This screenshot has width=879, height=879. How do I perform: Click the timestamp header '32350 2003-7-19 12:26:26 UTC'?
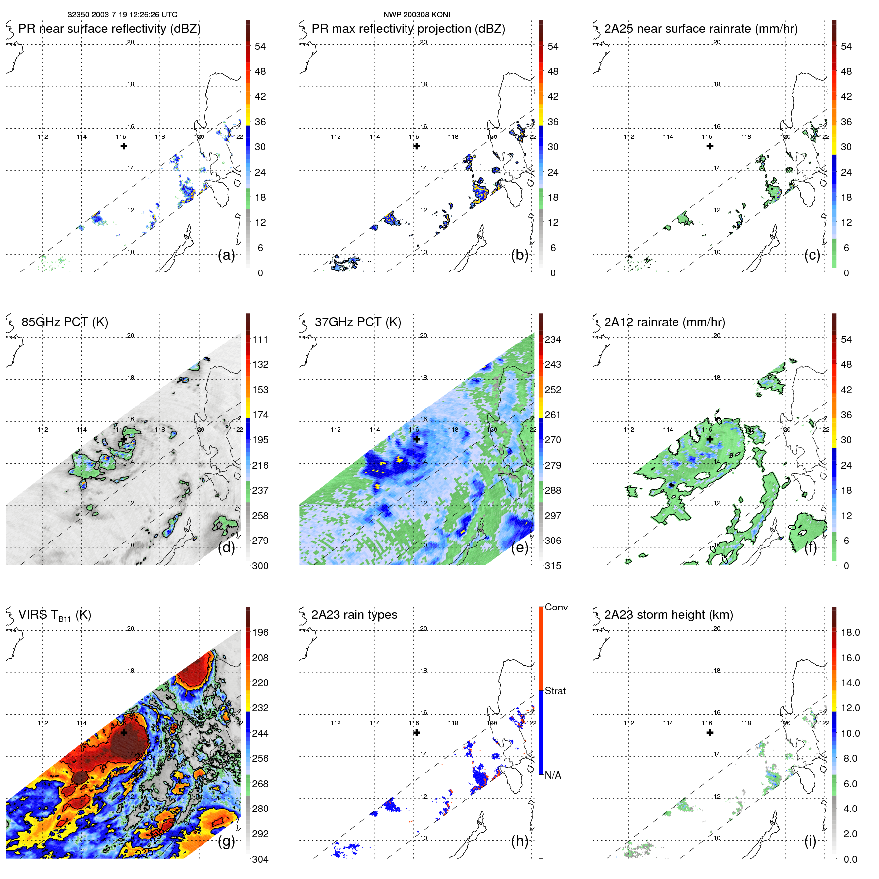click(x=122, y=15)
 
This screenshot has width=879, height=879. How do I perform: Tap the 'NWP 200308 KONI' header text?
click(x=416, y=15)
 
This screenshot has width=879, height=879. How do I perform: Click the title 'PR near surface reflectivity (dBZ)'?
click(x=109, y=29)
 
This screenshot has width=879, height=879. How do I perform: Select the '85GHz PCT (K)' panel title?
click(x=65, y=322)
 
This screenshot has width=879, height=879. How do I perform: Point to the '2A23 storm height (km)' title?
click(x=668, y=615)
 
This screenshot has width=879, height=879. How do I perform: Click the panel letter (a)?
click(x=226, y=255)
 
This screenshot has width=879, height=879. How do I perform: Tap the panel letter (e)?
click(x=520, y=548)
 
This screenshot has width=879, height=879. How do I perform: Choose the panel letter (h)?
click(x=520, y=841)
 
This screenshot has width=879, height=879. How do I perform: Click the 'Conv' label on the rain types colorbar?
click(x=556, y=608)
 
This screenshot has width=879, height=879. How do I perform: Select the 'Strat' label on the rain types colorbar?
click(x=555, y=691)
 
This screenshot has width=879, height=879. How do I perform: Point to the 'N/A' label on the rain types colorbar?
click(x=553, y=775)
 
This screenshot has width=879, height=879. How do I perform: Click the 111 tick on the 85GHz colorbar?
click(x=260, y=340)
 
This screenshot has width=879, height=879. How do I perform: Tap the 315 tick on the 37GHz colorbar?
click(x=553, y=566)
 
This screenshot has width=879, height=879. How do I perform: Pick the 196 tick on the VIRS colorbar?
click(x=260, y=633)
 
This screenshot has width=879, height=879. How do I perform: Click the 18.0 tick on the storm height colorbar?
click(x=850, y=633)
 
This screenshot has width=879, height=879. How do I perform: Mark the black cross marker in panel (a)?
click(x=124, y=146)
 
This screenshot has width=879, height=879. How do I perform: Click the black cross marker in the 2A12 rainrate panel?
click(x=710, y=439)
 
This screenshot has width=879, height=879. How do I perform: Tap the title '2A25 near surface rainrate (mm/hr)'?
click(x=701, y=29)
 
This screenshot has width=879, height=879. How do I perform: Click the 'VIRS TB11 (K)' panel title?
click(x=55, y=615)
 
